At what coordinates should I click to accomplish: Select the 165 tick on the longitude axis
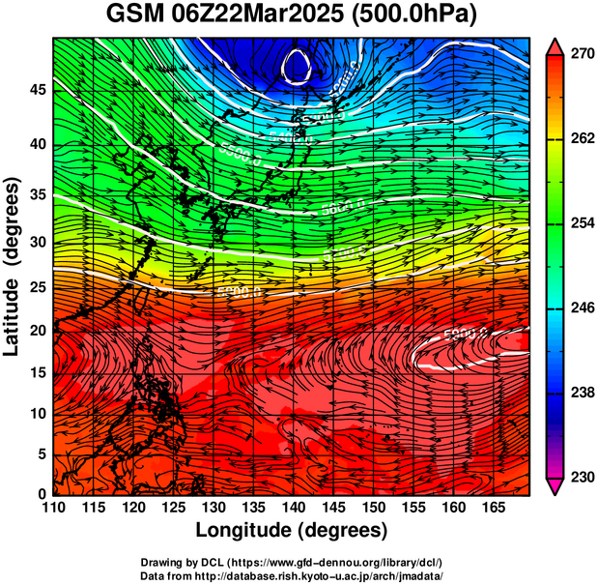[491, 508]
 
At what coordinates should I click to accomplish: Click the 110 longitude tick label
[53, 508]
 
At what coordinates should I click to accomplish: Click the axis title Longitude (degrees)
[292, 530]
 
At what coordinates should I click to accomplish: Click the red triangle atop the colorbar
[555, 46]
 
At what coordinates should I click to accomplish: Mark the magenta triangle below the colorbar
[555, 486]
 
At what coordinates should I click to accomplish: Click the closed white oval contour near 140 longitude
[298, 66]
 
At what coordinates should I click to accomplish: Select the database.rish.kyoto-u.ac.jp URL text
[331, 575]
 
